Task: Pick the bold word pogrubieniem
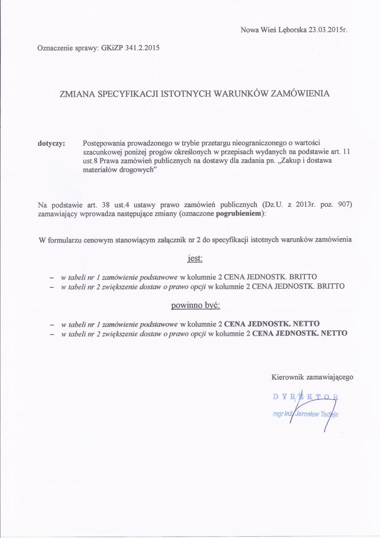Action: [240, 214]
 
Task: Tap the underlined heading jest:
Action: [194, 259]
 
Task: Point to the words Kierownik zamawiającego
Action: [312, 377]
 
